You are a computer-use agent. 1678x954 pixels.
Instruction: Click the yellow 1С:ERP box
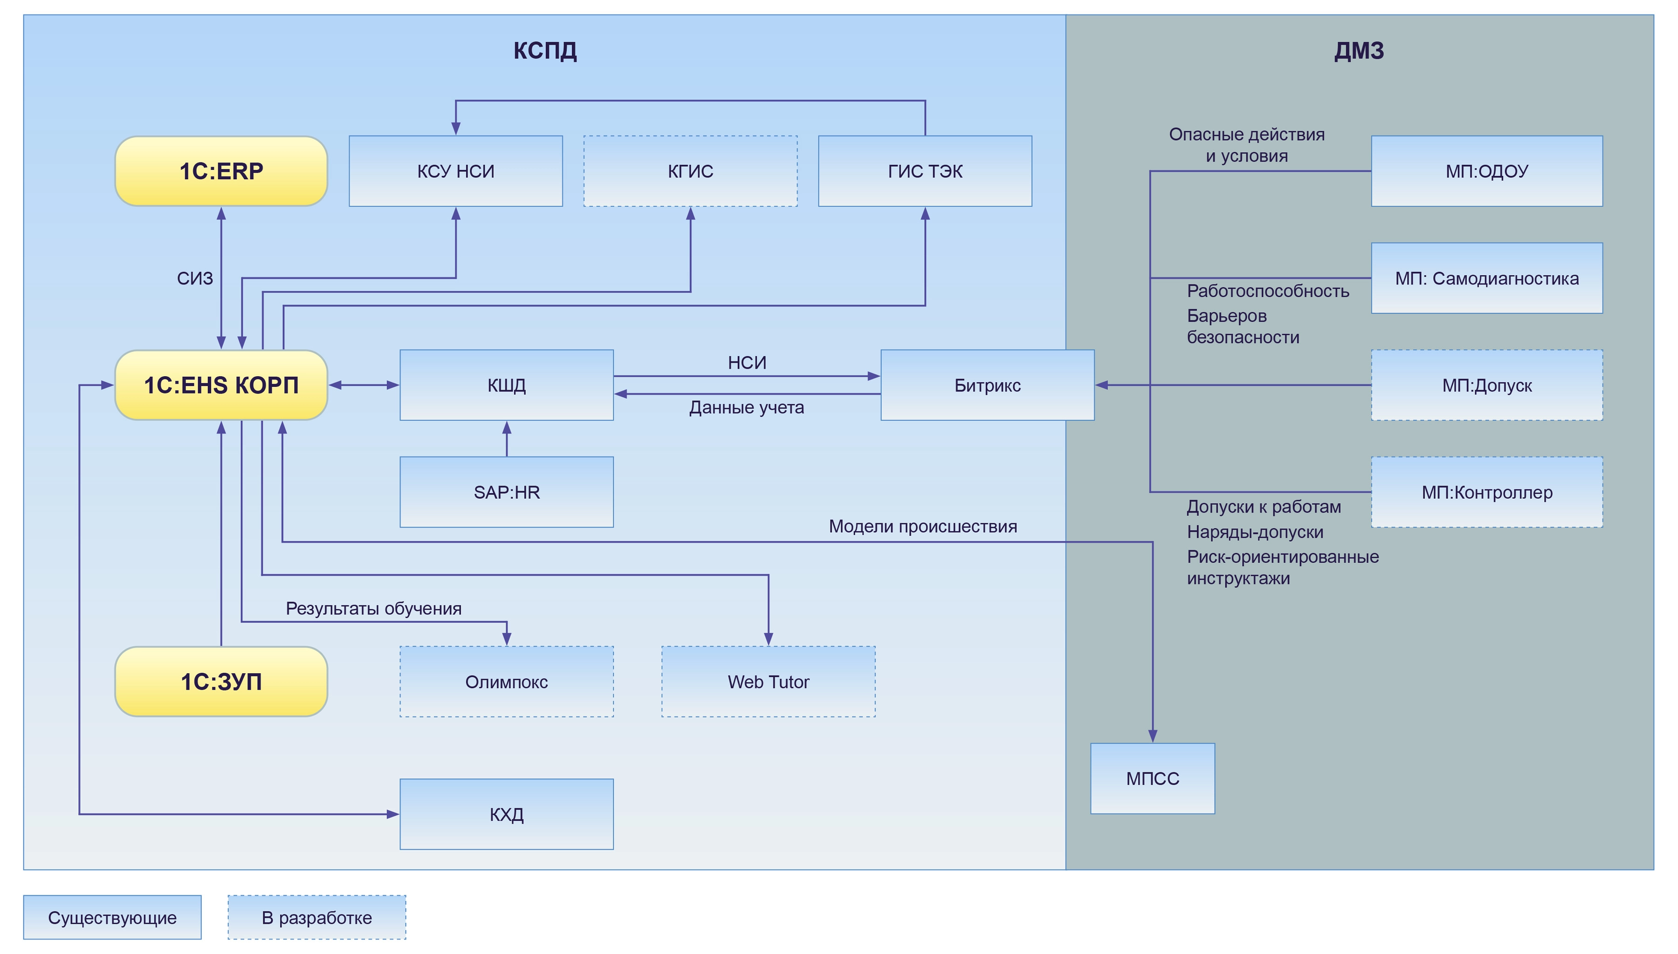click(x=221, y=171)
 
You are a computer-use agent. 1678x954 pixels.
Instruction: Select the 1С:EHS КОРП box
click(x=221, y=385)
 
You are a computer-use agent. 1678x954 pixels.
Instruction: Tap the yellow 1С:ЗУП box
click(x=221, y=682)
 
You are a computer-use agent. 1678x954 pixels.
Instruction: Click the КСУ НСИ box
click(x=456, y=171)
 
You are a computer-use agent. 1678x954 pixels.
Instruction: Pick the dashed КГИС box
click(x=690, y=171)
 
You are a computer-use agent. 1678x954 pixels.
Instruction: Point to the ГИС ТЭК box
click(x=925, y=171)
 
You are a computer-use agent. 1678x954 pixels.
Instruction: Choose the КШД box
click(x=506, y=385)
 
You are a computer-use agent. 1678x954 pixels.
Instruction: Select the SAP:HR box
click(x=506, y=492)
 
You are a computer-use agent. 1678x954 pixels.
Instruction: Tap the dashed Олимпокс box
click(x=506, y=682)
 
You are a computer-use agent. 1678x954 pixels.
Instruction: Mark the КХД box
click(x=506, y=814)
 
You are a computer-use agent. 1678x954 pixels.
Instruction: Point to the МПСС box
click(x=1152, y=778)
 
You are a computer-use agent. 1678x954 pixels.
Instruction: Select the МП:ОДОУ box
click(x=1486, y=171)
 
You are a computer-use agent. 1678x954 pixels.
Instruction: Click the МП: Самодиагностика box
click(x=1486, y=278)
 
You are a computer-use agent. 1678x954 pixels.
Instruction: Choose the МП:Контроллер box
click(x=1486, y=492)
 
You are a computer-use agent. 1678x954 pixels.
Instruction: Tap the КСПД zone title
click(x=545, y=50)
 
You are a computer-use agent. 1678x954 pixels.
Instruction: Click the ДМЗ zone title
click(x=1359, y=50)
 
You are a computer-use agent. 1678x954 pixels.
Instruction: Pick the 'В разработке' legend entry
click(x=316, y=917)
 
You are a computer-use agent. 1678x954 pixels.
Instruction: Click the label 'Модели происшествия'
click(x=922, y=526)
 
